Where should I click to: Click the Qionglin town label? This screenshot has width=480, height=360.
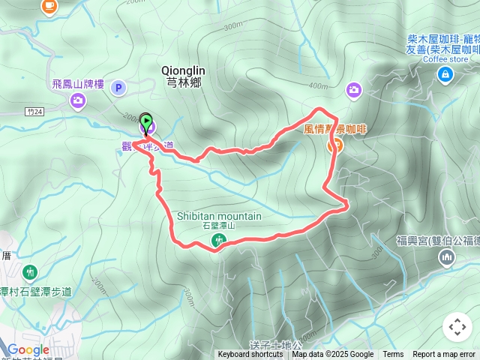183,76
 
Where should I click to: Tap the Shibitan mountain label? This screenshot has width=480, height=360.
219,217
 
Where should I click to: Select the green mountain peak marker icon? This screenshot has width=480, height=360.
218,240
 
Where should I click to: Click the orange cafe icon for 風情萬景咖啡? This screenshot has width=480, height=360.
334,145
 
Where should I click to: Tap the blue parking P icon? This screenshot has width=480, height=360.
118,88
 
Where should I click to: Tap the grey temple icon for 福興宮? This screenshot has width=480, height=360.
447,257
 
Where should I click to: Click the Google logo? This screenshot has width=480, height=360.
28,349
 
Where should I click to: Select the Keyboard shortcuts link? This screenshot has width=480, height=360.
250,355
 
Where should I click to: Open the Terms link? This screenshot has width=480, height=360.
393,355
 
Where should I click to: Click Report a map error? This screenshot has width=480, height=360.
445,355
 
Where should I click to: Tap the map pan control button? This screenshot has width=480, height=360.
457,327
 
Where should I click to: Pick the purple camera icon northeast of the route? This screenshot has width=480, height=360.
353,90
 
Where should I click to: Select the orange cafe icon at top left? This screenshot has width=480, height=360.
49,5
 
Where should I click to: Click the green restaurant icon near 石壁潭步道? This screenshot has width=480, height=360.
30,271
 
